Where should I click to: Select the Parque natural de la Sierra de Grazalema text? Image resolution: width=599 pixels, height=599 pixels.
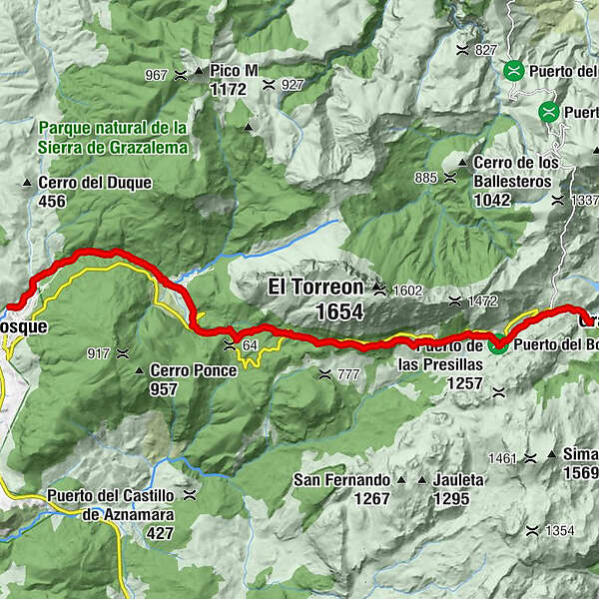[113, 138]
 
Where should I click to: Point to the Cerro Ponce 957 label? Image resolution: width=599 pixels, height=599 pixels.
[193, 378]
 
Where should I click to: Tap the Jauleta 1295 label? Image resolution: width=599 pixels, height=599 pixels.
[458, 488]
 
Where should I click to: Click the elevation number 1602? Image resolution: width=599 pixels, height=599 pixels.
[408, 291]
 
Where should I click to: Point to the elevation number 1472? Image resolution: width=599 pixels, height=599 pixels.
[485, 299]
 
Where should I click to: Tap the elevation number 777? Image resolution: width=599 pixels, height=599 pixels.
[348, 374]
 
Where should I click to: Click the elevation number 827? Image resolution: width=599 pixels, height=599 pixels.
[486, 50]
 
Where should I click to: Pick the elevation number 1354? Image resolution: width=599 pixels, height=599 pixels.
[560, 530]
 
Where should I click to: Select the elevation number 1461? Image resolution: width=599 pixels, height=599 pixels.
[504, 458]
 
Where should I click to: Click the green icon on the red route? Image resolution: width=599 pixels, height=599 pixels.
[497, 346]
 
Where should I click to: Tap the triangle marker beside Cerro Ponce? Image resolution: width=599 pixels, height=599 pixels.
[139, 370]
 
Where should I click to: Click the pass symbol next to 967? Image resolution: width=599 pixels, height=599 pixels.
[181, 74]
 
